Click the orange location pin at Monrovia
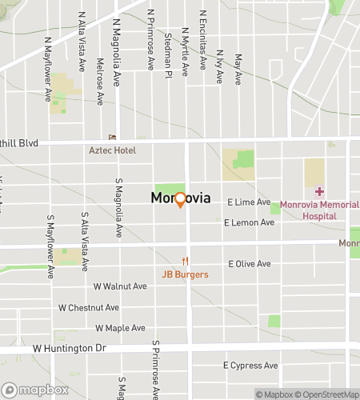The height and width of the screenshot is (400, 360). [x=180, y=199]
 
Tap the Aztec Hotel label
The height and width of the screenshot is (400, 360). [x=111, y=150]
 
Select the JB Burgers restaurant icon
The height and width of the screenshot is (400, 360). [x=186, y=261]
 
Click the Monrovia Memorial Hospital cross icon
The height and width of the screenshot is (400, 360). [x=319, y=191]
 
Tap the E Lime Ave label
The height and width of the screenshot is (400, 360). [x=249, y=203]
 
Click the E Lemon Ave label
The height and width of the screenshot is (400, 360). [x=250, y=222]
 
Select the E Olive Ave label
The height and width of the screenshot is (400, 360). [x=251, y=263]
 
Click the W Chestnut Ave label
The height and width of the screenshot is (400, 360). [x=89, y=307]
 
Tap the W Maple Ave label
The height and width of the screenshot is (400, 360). [x=120, y=328]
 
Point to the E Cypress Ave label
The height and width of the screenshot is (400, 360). [x=250, y=366]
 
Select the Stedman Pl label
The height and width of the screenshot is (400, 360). [x=168, y=56]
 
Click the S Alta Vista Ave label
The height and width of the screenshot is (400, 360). [x=84, y=237]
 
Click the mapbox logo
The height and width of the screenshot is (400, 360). [x=34, y=390]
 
